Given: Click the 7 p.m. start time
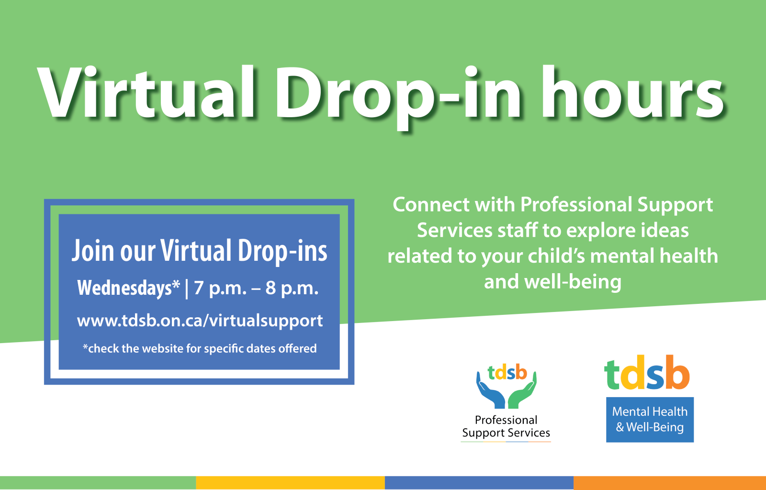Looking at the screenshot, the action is point(220,289).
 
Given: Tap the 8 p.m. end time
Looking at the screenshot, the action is point(292,289).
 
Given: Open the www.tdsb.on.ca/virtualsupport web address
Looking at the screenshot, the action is point(200,321).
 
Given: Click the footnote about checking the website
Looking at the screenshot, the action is point(200,348).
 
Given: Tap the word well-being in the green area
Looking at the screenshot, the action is point(573,282).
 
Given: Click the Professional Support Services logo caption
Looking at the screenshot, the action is point(506,426).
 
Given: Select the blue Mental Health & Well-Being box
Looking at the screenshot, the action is point(650,420).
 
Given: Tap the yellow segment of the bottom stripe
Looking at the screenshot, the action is point(290,483).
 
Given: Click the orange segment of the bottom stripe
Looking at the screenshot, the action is point(670,483).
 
